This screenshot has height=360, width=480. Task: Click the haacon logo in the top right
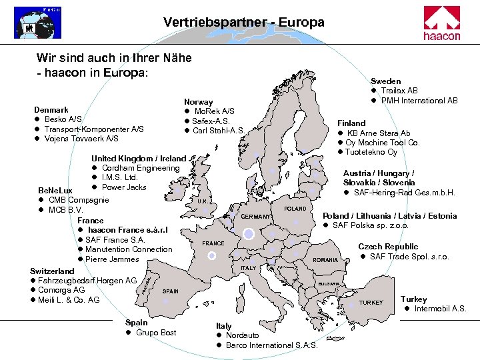tap(442, 23)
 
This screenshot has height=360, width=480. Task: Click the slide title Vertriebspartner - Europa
tap(243, 23)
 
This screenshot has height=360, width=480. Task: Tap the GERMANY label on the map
tap(256, 217)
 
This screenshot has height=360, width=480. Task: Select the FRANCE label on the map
tap(213, 243)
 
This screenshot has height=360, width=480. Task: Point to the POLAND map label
tap(295, 209)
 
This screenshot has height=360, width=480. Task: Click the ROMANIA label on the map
tap(325, 259)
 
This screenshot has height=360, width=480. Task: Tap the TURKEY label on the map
tap(371, 303)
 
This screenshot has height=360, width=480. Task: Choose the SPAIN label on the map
tap(171, 291)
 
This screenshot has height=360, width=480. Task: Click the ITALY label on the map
tap(248, 268)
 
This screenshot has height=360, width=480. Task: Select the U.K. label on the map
tap(203, 201)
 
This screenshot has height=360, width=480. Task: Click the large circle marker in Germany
tap(249, 233)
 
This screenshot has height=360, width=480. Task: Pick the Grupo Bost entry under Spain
tap(156, 333)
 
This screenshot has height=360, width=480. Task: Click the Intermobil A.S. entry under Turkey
tap(440, 309)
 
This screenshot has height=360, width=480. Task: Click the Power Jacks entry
tap(124, 187)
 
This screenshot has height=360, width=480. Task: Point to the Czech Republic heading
tap(388, 247)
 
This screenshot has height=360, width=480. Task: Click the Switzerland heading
tap(53, 271)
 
